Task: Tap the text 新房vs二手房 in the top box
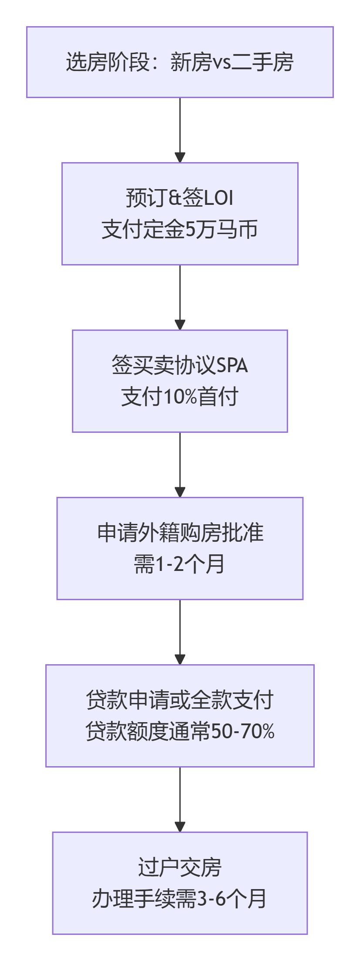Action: click(x=231, y=62)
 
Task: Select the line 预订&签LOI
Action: click(x=180, y=197)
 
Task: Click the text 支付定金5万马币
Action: click(x=180, y=230)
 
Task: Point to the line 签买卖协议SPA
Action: click(x=180, y=365)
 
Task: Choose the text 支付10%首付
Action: click(x=180, y=397)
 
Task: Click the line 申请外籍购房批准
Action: click(x=180, y=532)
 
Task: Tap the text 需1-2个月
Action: click(x=180, y=564)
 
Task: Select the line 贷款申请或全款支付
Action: click(x=180, y=700)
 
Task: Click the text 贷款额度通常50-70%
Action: click(x=180, y=732)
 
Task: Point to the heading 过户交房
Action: click(x=180, y=867)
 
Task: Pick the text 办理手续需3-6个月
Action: click(x=180, y=899)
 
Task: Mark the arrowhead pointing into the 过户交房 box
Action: click(x=180, y=826)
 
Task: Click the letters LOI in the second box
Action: click(x=218, y=198)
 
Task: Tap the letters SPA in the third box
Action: click(x=231, y=365)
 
